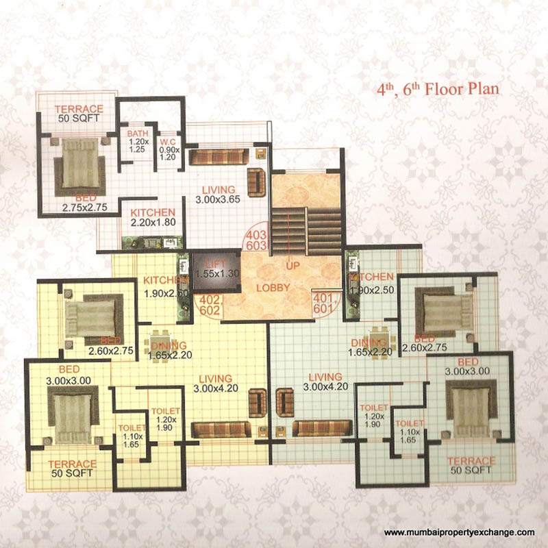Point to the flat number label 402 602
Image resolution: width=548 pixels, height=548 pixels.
pos(211,305)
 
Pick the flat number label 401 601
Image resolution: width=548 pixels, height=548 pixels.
pos(323,305)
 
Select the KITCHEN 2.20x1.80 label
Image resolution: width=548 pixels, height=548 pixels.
pos(153,217)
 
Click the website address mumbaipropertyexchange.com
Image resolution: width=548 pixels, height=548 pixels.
pos(458,532)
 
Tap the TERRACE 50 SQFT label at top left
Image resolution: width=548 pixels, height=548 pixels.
pos(79,114)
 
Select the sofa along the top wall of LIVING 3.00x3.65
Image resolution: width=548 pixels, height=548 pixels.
pos(217,157)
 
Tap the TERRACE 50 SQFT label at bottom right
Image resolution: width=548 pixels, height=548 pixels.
pos(471,466)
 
